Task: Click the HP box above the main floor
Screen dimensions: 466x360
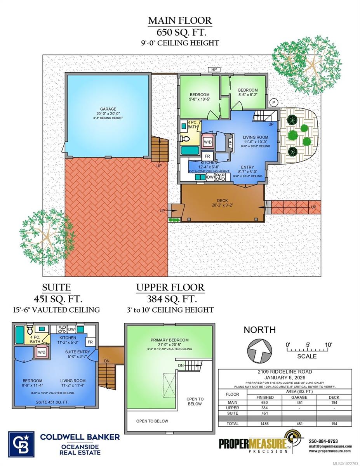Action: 214,70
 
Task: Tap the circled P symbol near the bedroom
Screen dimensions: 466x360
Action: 274,103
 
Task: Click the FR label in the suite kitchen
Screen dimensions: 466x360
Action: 90,342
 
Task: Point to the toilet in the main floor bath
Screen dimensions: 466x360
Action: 186,139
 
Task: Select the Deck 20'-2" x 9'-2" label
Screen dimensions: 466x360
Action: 223,203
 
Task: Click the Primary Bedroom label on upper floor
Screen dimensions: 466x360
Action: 170,340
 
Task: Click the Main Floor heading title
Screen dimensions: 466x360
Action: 180,20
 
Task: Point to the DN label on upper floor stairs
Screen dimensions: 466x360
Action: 181,365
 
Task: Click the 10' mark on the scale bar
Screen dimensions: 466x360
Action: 329,344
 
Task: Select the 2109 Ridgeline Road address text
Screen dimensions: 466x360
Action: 285,372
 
